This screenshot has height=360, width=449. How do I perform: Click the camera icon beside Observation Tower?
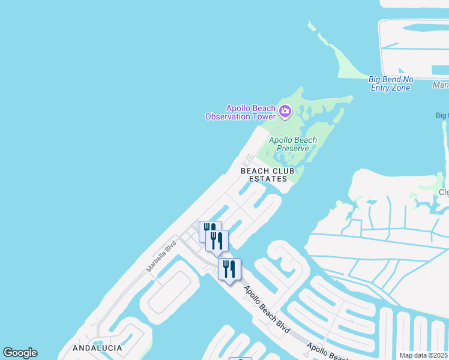(285, 111)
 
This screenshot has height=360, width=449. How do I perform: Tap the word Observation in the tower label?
(228, 116)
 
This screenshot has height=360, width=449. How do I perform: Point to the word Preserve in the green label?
(293, 148)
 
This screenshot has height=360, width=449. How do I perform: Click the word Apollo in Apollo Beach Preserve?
(280, 140)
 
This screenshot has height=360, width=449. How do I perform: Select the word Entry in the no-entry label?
(381, 88)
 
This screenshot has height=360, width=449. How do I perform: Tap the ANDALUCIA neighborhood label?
(97, 348)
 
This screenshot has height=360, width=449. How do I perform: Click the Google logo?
(20, 353)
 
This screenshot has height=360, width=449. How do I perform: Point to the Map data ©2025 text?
(424, 355)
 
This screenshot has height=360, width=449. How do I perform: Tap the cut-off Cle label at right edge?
(443, 193)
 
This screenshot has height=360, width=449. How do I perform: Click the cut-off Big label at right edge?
(442, 115)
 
